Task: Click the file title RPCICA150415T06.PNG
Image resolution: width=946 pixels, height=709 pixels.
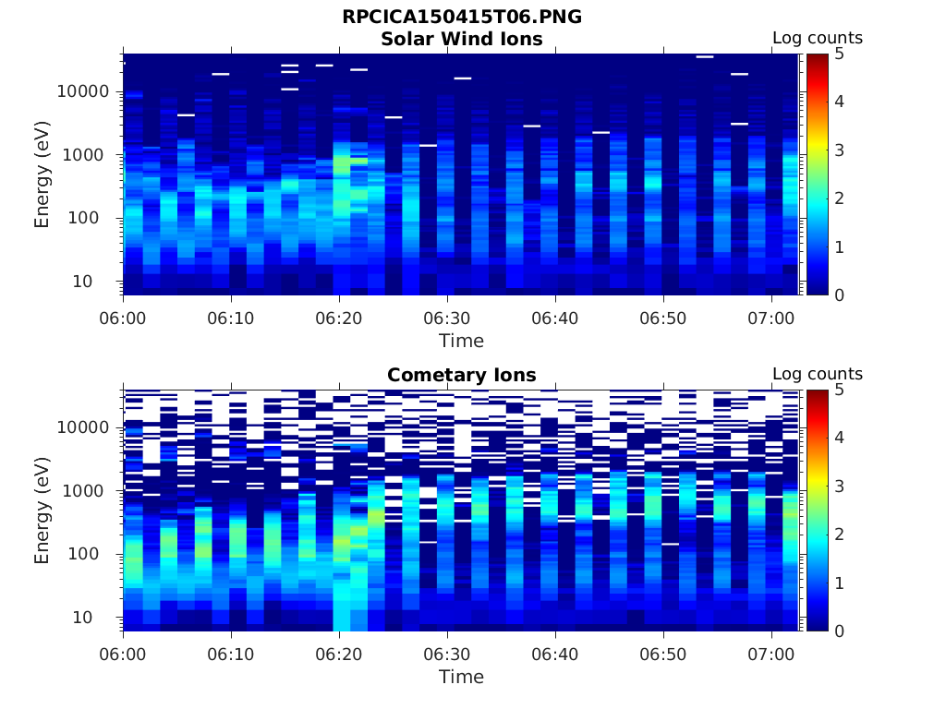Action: [462, 17]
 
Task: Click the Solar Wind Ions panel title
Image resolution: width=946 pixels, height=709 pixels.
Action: [462, 39]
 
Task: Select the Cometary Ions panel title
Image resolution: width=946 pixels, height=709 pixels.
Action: [462, 375]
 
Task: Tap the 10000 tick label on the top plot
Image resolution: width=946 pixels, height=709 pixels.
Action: [84, 91]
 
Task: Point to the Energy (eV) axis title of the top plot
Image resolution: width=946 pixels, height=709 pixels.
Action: [42, 174]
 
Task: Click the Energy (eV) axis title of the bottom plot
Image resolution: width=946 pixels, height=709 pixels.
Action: [42, 510]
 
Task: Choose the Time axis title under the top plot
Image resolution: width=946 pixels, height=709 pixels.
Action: [461, 341]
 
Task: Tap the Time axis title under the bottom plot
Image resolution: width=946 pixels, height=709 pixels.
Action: [461, 677]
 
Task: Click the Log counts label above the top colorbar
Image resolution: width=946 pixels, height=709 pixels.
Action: [818, 38]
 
